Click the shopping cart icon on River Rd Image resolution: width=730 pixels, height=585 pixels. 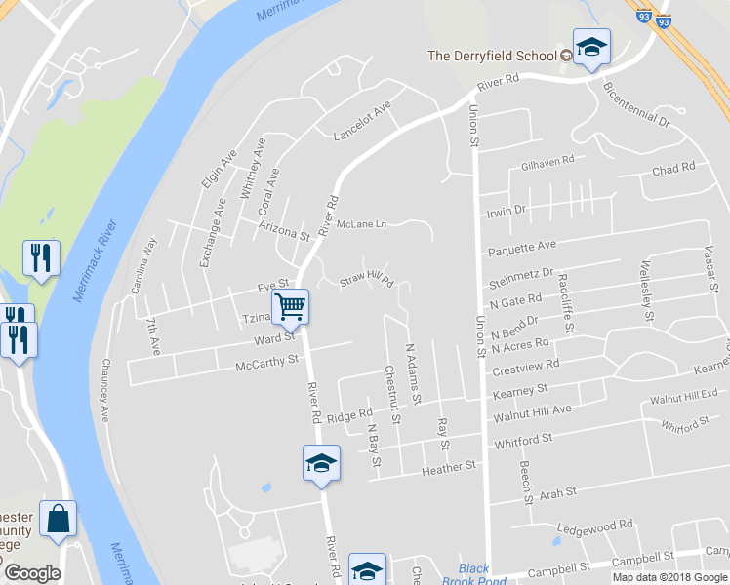tap(291, 306)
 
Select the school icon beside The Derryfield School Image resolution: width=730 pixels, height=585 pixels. tap(590, 48)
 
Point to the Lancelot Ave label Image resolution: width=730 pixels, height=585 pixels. tap(361, 119)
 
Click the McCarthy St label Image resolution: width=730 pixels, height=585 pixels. tap(266, 363)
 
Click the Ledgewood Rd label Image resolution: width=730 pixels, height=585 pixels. tap(593, 526)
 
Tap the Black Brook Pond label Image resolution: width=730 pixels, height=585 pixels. tap(473, 574)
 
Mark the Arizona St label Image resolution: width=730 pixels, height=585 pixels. tap(284, 230)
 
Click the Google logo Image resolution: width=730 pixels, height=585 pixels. tap(32, 573)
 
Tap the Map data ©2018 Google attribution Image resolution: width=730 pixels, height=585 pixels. tap(669, 577)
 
